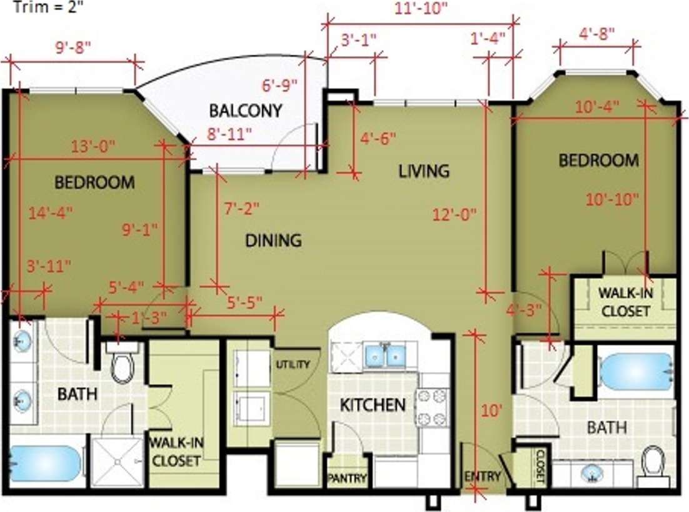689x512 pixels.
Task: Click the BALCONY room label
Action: pos(245,111)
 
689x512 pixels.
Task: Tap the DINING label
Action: pos(273,240)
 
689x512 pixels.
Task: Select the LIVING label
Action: pos(424,171)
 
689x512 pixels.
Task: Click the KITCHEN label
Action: pos(373,405)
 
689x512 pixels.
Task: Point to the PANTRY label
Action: pos(347,479)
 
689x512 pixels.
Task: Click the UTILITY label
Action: pos(293,364)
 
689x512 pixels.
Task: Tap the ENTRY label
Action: pos(483,476)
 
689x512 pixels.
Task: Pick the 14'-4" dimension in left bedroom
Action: pos(51,212)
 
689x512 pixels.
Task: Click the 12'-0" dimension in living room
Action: pos(455,214)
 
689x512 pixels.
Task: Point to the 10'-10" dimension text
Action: pos(612,199)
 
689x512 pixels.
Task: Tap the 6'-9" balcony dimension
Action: pos(279,85)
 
